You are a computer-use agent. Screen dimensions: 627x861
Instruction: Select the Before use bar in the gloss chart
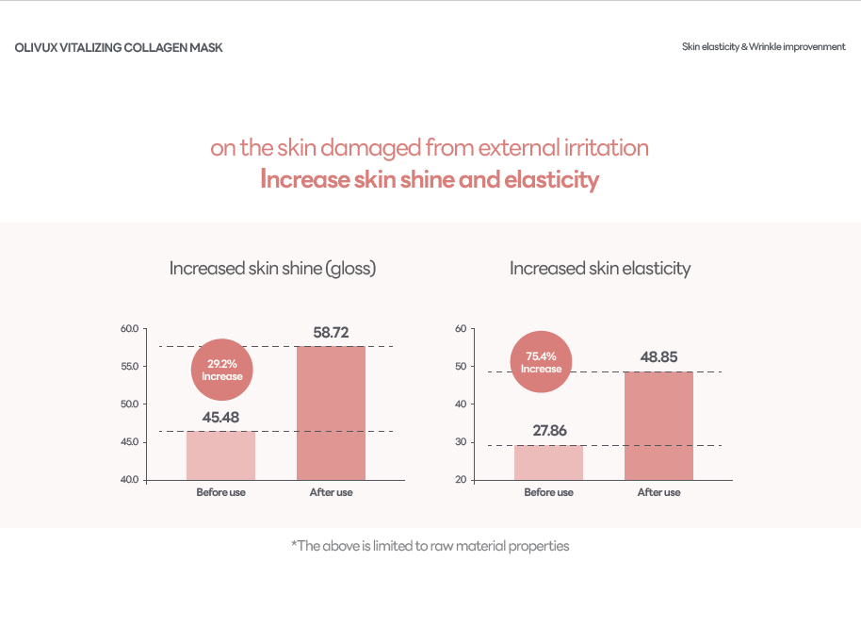(220, 455)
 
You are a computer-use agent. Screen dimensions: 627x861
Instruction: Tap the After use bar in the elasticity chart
(658, 425)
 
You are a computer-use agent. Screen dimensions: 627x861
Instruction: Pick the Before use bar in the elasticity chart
(548, 462)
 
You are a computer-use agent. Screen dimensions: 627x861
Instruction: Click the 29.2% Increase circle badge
(222, 370)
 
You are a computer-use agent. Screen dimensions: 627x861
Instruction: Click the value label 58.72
(331, 333)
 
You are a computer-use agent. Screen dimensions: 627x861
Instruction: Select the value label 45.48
(220, 418)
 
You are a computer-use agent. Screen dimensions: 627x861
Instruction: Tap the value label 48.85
(658, 357)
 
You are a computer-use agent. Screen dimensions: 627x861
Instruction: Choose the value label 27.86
(548, 431)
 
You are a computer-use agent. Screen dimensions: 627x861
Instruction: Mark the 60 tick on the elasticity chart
(461, 329)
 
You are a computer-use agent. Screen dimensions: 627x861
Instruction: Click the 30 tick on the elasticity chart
(461, 442)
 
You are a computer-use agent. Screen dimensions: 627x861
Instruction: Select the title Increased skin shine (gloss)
(272, 269)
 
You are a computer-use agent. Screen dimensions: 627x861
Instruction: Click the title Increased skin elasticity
(600, 269)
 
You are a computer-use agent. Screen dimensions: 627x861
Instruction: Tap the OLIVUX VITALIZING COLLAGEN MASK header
(119, 47)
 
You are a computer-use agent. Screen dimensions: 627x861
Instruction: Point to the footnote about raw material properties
(430, 546)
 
